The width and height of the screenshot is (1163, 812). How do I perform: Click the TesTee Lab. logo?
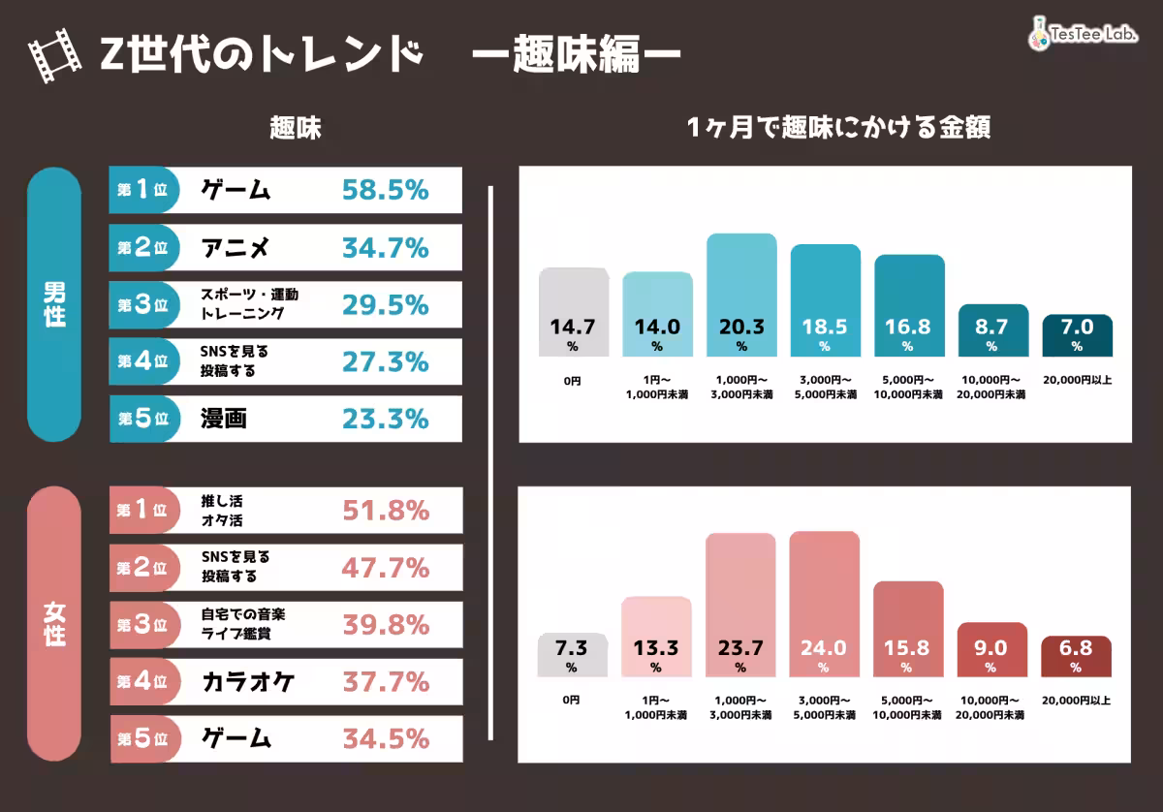coord(1084,34)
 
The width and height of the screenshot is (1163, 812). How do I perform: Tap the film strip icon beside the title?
coord(54,55)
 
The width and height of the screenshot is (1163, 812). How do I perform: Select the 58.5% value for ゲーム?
coord(386,190)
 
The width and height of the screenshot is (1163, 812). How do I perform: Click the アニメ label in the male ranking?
coord(236,247)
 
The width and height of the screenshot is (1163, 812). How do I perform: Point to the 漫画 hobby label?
coord(224,419)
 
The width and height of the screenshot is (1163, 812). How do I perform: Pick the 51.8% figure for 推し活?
coord(386,511)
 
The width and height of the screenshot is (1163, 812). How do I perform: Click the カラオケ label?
coord(248,682)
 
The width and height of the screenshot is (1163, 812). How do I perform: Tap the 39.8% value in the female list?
coord(386,625)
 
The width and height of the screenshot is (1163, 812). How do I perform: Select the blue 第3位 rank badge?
coord(143,305)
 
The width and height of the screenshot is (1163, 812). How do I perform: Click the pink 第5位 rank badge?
coord(144,738)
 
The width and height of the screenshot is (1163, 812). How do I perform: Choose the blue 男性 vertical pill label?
coord(54,304)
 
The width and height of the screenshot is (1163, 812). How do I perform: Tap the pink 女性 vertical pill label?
coord(54,624)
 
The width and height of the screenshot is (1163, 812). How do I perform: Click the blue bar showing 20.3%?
coord(741,295)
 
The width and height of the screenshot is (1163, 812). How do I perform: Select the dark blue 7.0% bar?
coord(1078,335)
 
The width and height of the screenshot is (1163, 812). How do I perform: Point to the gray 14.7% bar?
coord(574,312)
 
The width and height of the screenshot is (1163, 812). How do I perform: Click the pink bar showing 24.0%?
coord(825,605)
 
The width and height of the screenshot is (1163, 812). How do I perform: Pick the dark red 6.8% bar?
coord(1077,656)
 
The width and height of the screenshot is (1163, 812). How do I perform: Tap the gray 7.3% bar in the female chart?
coord(572,655)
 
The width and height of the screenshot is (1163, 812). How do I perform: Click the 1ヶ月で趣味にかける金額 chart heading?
coord(838,128)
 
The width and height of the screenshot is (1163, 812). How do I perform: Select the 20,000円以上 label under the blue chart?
coord(1078,380)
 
